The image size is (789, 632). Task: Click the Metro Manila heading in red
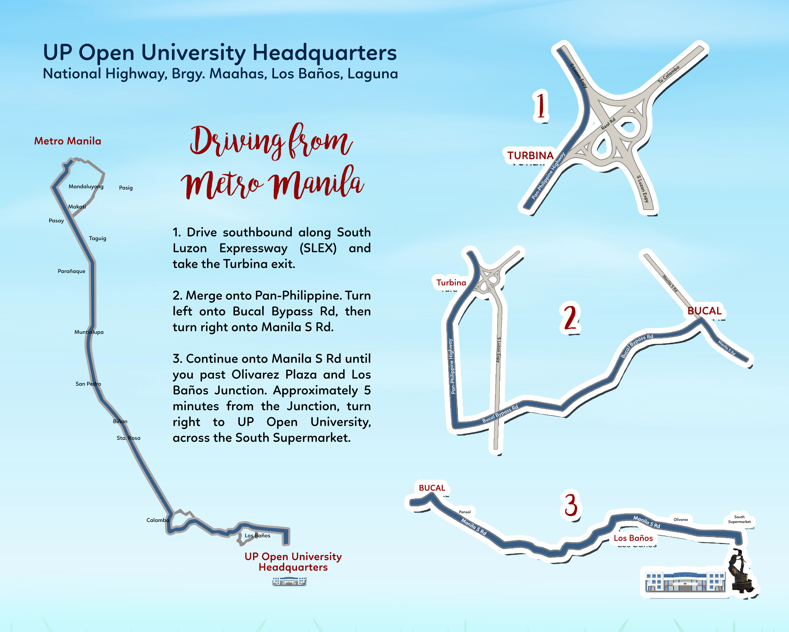68,141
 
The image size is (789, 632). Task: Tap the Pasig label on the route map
126,188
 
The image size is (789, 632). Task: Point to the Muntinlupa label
89,332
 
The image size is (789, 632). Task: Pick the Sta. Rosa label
128,438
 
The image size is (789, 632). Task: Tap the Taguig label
98,238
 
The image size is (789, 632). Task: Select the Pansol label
465,512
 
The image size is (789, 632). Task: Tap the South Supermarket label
739,519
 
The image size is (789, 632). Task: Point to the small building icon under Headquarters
289,581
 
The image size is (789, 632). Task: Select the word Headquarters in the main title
325,53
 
